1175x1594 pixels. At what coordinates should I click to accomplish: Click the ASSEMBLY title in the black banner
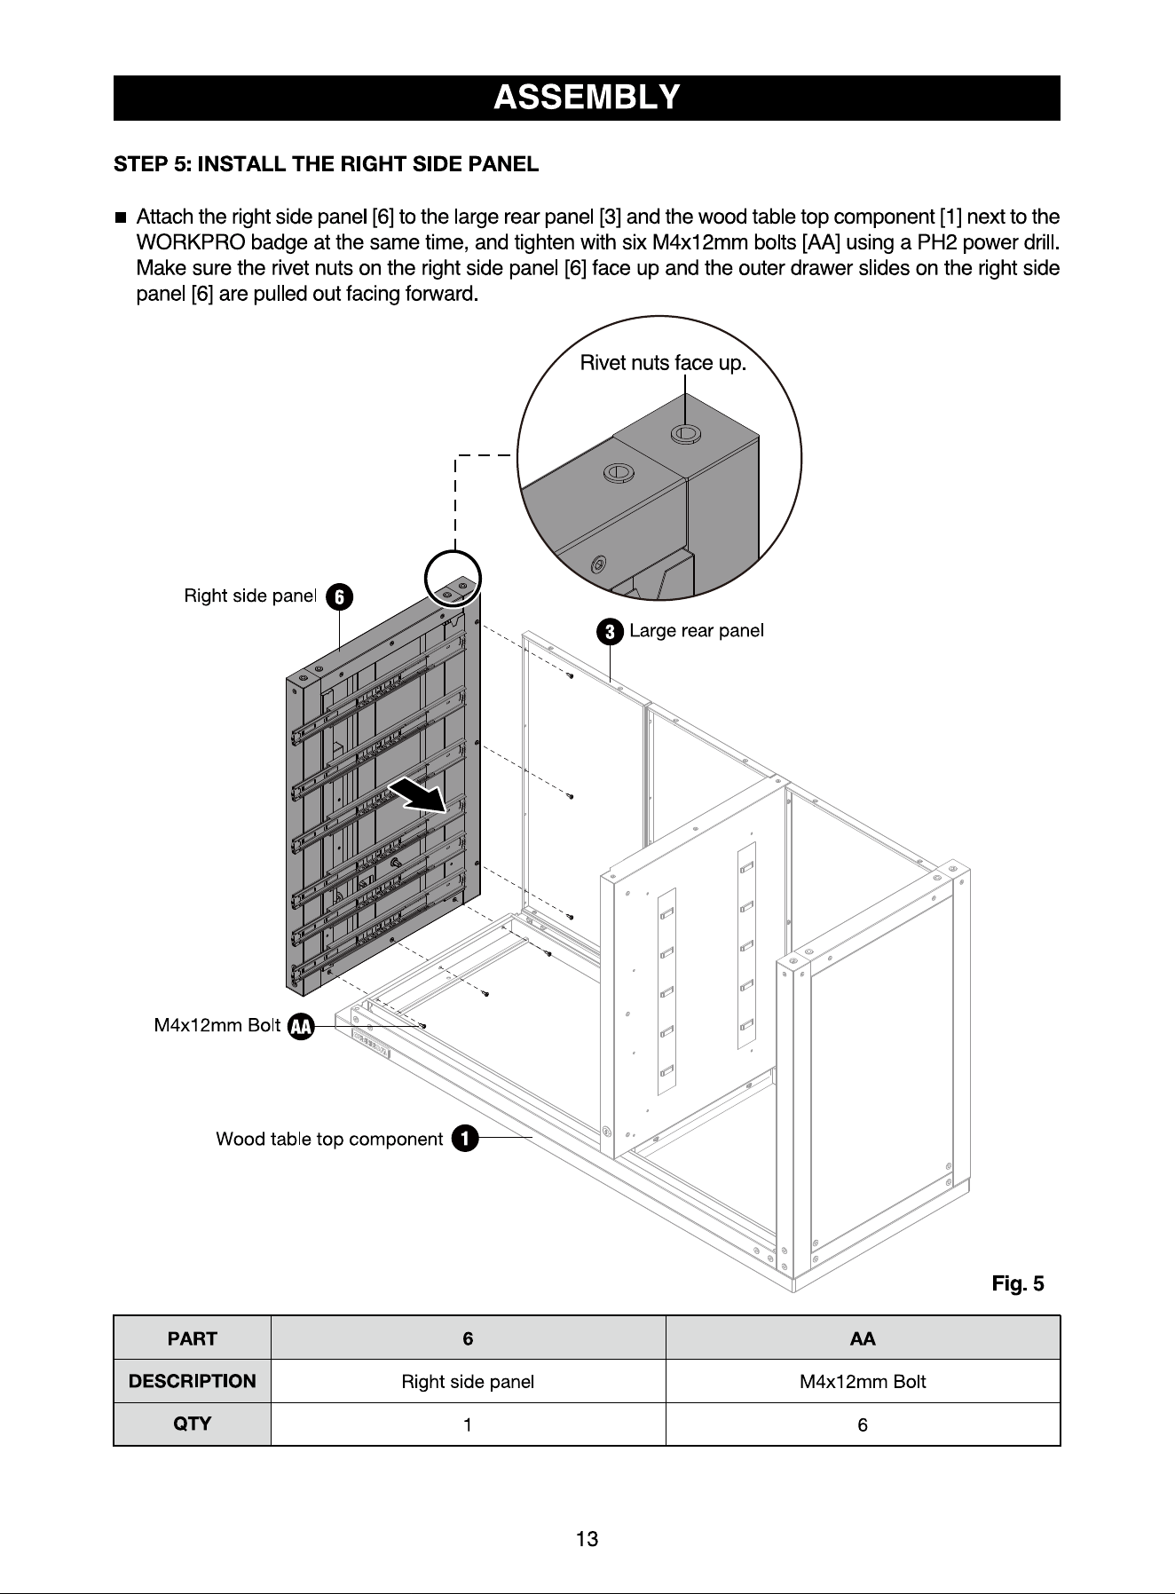tap(587, 97)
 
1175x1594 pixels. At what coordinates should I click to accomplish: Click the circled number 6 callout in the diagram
tap(339, 596)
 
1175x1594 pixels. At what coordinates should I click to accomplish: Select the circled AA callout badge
tap(301, 1026)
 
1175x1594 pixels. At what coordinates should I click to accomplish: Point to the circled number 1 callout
tap(465, 1139)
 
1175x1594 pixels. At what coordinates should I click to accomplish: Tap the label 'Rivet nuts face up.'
tap(663, 363)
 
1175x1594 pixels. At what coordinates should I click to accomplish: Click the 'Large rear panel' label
tap(697, 631)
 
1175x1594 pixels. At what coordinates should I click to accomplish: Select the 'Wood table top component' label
tap(329, 1139)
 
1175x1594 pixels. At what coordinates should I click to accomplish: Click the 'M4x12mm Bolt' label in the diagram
tap(217, 1026)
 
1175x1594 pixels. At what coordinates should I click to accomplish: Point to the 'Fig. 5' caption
tap(1018, 1284)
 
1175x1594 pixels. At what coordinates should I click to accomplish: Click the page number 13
tap(587, 1539)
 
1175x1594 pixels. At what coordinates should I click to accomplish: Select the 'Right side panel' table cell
tap(468, 1382)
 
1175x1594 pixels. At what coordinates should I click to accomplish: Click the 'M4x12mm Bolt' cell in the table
tap(863, 1382)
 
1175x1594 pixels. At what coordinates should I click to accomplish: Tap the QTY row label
tap(193, 1424)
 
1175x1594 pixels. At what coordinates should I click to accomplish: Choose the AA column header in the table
tap(863, 1338)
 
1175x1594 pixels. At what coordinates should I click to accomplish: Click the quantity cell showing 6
tap(863, 1424)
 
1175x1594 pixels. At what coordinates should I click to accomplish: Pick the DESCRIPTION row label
tap(193, 1381)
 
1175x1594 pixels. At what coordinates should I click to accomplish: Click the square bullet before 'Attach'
tap(120, 217)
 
